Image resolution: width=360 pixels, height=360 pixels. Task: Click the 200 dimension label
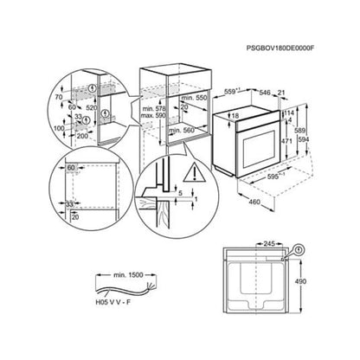pyautogui.click(x=83, y=137)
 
